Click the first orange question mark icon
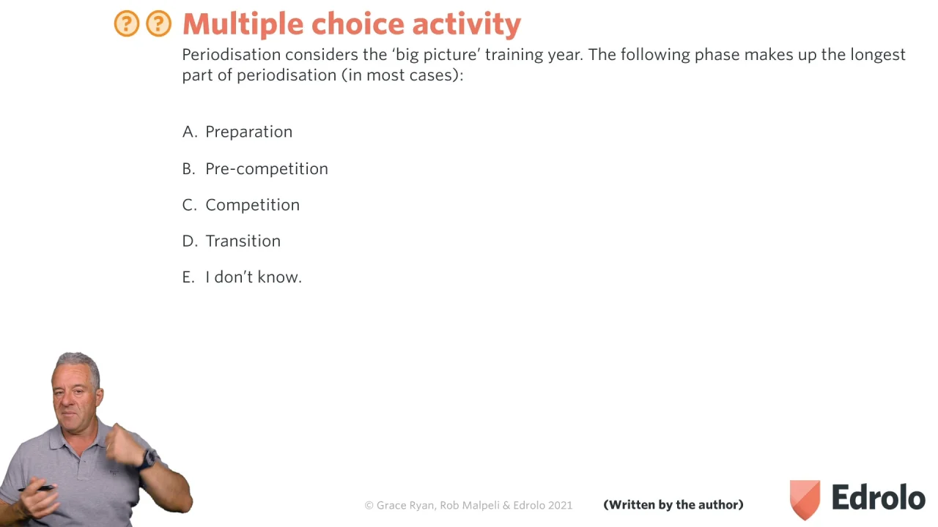click(x=127, y=23)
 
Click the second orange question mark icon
click(x=159, y=23)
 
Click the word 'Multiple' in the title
click(x=243, y=25)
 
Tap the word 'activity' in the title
click(x=467, y=25)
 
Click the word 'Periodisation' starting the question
click(x=231, y=55)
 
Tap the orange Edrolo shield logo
click(x=805, y=500)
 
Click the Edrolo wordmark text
click(x=879, y=497)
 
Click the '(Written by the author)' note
click(x=673, y=505)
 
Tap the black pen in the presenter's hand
click(x=37, y=488)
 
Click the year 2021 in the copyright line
click(x=560, y=505)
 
